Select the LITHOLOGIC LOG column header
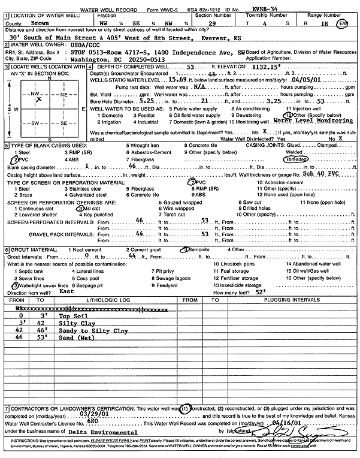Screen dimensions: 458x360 [91, 299]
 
